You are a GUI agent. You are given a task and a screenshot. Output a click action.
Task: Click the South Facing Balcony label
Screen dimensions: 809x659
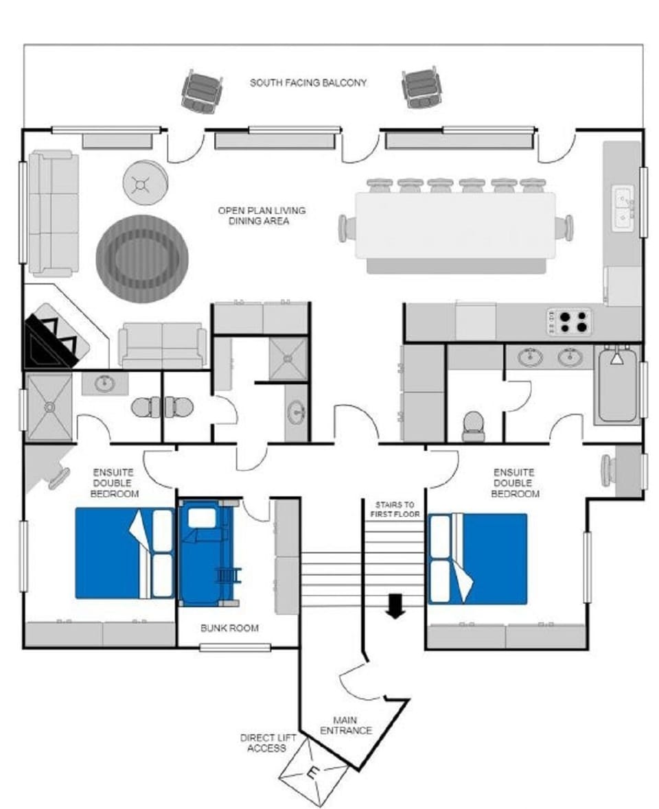[x=308, y=83]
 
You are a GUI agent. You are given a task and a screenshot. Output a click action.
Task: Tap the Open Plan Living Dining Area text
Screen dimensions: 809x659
[x=262, y=215]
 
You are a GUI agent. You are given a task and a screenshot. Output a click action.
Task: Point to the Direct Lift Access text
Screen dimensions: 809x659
[x=263, y=742]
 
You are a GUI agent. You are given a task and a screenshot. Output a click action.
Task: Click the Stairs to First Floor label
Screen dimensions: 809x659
[x=395, y=508]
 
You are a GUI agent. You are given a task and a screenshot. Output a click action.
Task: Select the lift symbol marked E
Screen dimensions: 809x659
[x=313, y=775]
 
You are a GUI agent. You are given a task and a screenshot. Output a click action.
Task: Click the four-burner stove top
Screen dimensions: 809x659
[x=569, y=321]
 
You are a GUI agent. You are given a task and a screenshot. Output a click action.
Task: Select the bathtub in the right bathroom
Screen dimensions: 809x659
[x=618, y=386]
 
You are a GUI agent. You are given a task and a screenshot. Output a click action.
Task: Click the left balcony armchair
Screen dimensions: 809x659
[x=202, y=91]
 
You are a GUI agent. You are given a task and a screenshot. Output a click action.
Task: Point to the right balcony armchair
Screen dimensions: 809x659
[x=421, y=87]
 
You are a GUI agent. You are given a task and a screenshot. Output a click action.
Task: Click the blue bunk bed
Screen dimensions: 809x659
[x=205, y=553]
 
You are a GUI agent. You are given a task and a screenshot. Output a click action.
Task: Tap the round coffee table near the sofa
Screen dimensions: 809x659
[x=146, y=183]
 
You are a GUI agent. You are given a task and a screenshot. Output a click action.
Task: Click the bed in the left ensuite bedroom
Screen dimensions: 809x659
[x=124, y=552]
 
